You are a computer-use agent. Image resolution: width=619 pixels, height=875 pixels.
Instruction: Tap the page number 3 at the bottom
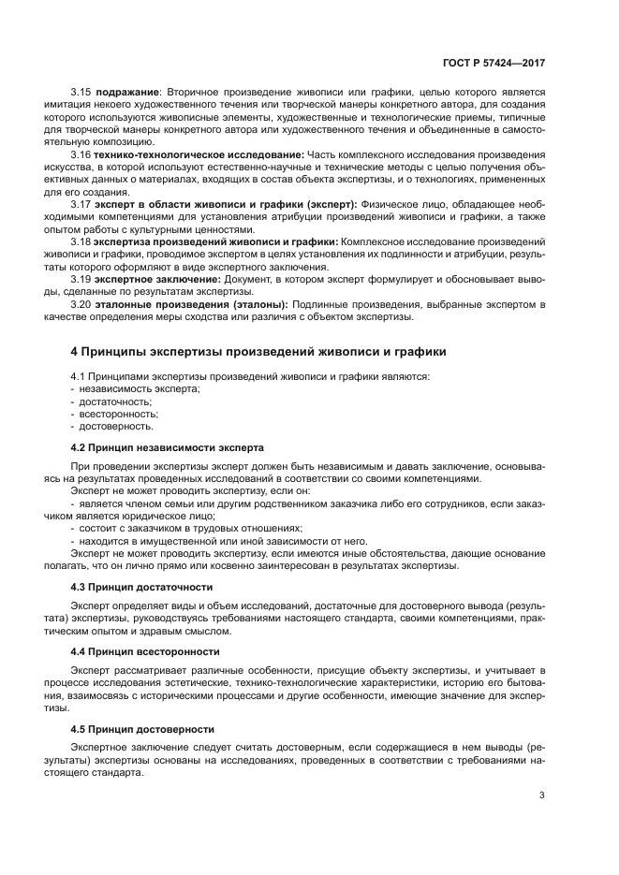(x=542, y=795)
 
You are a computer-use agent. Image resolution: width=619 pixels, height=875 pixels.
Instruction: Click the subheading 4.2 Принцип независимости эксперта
(x=168, y=447)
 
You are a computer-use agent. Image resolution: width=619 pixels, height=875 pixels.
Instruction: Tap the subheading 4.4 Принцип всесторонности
(x=145, y=650)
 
